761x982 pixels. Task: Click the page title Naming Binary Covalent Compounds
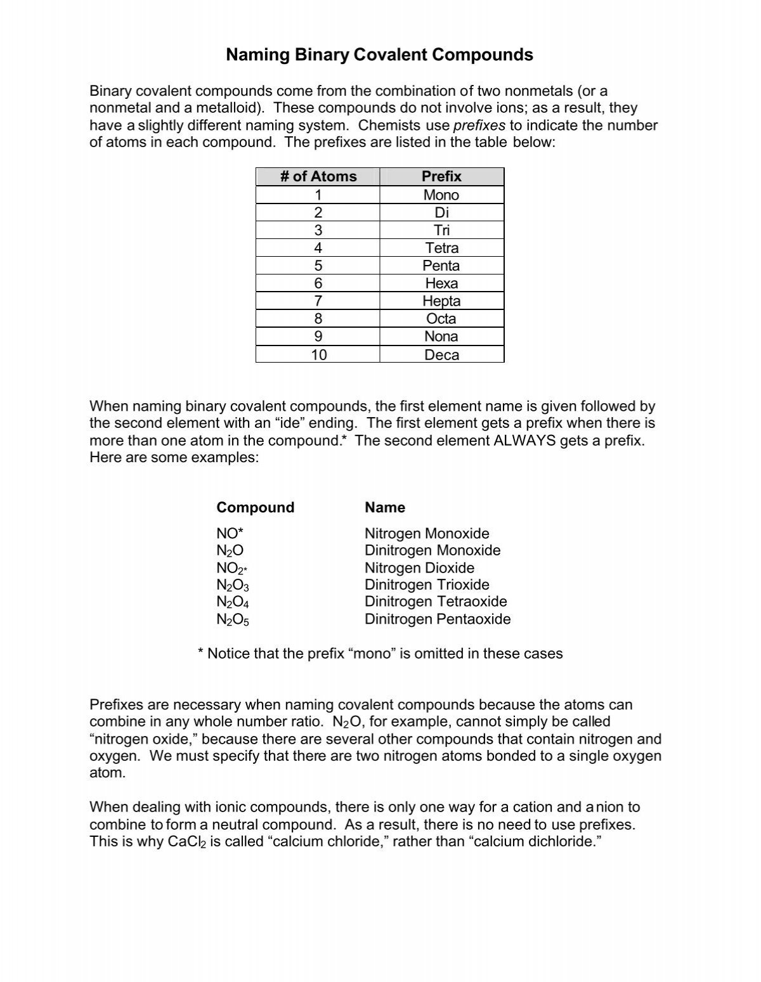[379, 55]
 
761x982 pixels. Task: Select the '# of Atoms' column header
[318, 176]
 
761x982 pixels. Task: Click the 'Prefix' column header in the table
[441, 176]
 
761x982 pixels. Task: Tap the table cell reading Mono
[441, 195]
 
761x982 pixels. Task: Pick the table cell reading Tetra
[441, 248]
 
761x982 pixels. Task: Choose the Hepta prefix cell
[441, 301]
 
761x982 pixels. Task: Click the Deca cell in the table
[441, 355]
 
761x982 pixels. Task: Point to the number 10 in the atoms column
[318, 355]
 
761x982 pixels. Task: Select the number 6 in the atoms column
[318, 283]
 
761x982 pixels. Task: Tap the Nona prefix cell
[441, 337]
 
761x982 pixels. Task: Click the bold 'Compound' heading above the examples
[255, 507]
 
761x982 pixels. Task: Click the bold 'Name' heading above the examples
[385, 507]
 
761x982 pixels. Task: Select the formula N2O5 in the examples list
[233, 620]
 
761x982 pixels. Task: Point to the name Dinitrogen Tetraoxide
[436, 602]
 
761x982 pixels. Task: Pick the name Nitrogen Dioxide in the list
[419, 568]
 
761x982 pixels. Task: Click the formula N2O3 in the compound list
[233, 586]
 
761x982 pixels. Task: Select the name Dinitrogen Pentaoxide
[438, 619]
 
